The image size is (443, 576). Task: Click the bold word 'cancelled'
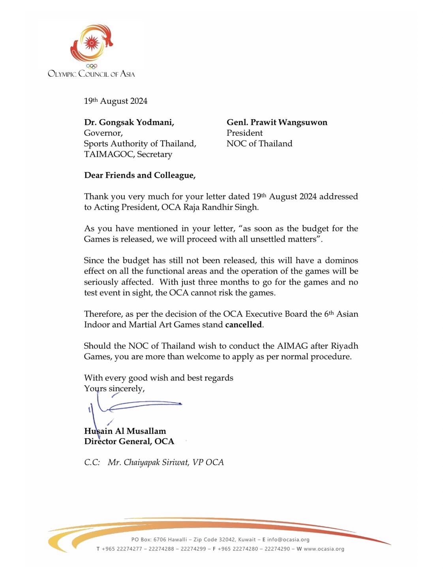coord(244,325)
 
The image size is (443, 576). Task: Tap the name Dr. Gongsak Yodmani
coord(129,122)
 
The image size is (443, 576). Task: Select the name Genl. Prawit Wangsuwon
coord(277,122)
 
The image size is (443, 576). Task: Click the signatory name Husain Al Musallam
coord(125,431)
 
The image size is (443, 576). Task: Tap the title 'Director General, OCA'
coord(129,441)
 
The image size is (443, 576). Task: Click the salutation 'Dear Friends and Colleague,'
coord(140,175)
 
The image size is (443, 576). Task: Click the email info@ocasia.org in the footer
coord(288,540)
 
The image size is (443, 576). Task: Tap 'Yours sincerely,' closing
coord(115,388)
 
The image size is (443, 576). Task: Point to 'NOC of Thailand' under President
coord(259,144)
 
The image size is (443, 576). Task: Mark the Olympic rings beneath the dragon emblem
coord(92,66)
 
